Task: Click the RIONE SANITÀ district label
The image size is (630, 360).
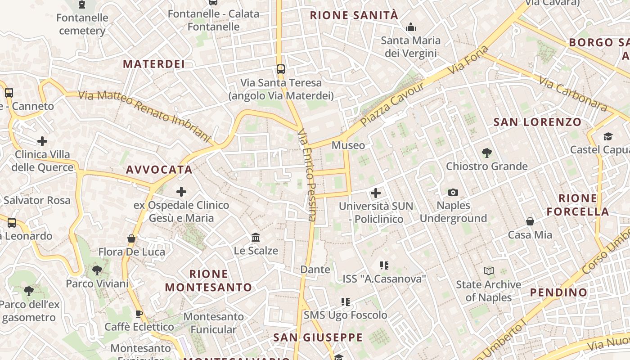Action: [x=354, y=15]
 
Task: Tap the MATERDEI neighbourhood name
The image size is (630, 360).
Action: [x=154, y=64]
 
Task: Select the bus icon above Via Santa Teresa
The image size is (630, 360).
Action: [x=281, y=69]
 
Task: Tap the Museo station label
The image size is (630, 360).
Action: [x=348, y=145]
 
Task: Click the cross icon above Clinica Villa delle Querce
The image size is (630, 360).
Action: [x=42, y=141]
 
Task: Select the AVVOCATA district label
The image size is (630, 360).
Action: [x=159, y=170]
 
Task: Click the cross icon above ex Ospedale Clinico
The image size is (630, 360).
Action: [x=181, y=192]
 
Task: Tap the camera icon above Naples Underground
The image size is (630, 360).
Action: [x=453, y=193]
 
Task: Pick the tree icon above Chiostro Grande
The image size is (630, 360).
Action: [x=486, y=153]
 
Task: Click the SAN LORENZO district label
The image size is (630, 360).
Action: [x=537, y=122]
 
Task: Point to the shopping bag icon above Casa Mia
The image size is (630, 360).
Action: [x=530, y=221]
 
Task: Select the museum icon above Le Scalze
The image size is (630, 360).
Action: [x=256, y=237]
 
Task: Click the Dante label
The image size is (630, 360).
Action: [x=315, y=270]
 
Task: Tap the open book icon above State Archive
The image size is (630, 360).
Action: [x=489, y=271]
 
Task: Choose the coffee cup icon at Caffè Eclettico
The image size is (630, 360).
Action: [x=139, y=314]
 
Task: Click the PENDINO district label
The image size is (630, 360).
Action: [x=558, y=292]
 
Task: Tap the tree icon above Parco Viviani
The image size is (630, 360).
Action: [x=97, y=270]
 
